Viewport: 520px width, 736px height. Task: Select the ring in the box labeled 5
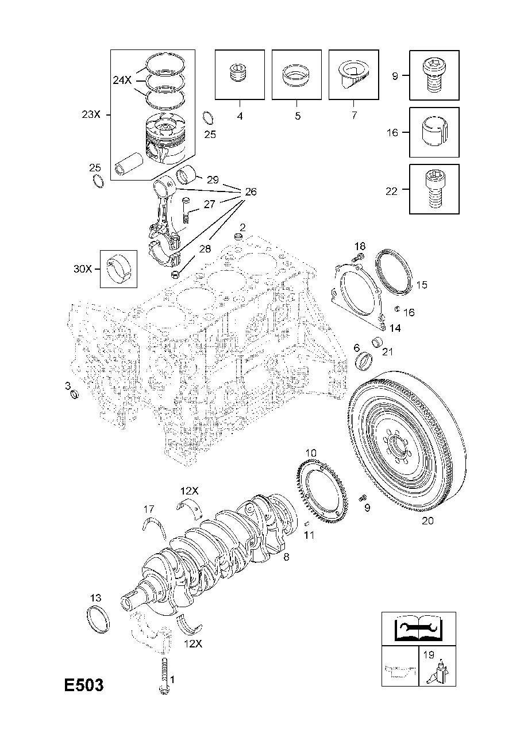coord(296,75)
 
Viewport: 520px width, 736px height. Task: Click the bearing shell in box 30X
coord(120,268)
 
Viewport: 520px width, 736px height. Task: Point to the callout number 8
coord(286,557)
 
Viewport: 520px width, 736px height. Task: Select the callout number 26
coord(251,191)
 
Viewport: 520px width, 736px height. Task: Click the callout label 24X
coord(122,81)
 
